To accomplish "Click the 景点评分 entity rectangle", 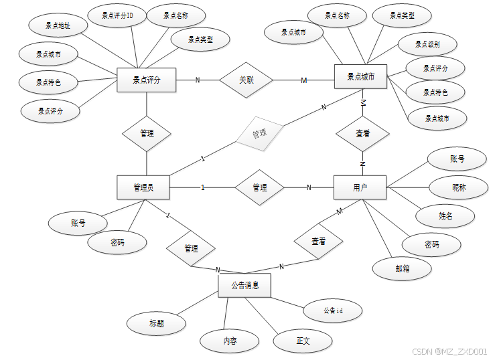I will coord(145,81).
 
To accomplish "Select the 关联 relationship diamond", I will coord(246,80).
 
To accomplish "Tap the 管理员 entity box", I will coord(143,187).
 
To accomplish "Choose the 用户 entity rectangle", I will coord(360,187).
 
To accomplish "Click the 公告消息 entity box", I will coord(244,285).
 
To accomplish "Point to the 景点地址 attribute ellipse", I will coord(58,26).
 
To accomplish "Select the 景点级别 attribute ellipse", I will coord(427,44).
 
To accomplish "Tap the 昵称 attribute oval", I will coord(458,188).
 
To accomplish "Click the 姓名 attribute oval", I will coord(446,216).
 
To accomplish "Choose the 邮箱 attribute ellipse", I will coord(402,267).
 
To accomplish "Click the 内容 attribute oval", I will coord(230,341).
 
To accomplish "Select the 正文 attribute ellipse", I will coord(303,341).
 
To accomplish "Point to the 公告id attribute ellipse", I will coord(333,310).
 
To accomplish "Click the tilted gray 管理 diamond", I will coord(259,133).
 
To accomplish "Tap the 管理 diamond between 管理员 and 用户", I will coord(260,188).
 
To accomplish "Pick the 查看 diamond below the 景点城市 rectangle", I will coord(362,134).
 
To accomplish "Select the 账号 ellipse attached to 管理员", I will coord(78,223).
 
